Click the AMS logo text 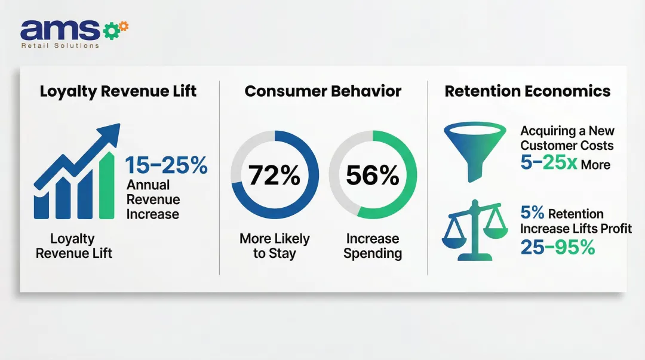pyautogui.click(x=60, y=30)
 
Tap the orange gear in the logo pyautogui.click(x=124, y=26)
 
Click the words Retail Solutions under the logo pyautogui.click(x=60, y=45)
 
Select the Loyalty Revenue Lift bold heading pyautogui.click(x=118, y=91)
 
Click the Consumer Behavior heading pyautogui.click(x=322, y=91)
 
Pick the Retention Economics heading pyautogui.click(x=527, y=91)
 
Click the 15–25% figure pyautogui.click(x=166, y=165)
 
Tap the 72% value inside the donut pyautogui.click(x=275, y=176)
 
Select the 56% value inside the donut pyautogui.click(x=373, y=176)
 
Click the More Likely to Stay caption pyautogui.click(x=275, y=246)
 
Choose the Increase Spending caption pyautogui.click(x=373, y=246)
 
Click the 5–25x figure pyautogui.click(x=549, y=162)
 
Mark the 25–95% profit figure pyautogui.click(x=557, y=246)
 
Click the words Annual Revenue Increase pyautogui.click(x=153, y=199)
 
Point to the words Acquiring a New pyautogui.click(x=567, y=131)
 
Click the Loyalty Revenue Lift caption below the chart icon pyautogui.click(x=73, y=246)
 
